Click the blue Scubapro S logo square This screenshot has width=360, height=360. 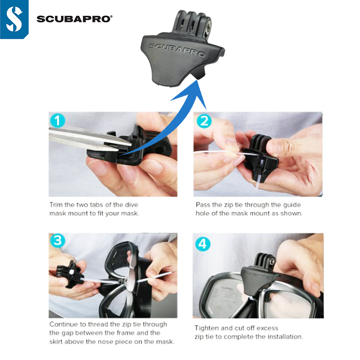pyautogui.click(x=14, y=19)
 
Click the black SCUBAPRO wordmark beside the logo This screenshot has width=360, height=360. pyautogui.click(x=75, y=19)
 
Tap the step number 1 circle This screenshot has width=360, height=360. pyautogui.click(x=57, y=121)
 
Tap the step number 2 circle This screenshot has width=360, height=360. pyautogui.click(x=204, y=121)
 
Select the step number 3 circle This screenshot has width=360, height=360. pyautogui.click(x=57, y=241)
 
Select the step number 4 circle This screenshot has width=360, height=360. pyautogui.click(x=203, y=244)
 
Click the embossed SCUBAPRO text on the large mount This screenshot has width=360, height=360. pyautogui.click(x=177, y=49)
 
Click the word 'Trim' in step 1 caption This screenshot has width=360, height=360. pyautogui.click(x=56, y=204)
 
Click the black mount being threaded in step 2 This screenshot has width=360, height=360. pyautogui.click(x=259, y=156)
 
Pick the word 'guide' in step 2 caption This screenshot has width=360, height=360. pyautogui.click(x=292, y=205)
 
